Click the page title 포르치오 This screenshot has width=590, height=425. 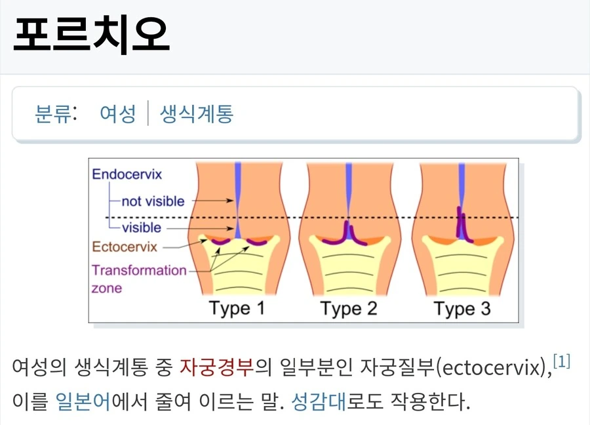(x=91, y=33)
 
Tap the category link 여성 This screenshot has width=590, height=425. (x=118, y=113)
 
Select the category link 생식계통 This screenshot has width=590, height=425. (x=197, y=113)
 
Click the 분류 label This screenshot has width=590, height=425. (x=53, y=113)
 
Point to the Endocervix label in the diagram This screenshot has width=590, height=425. (x=127, y=174)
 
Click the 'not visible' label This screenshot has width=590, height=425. (x=153, y=201)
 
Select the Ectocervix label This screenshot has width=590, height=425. (x=125, y=247)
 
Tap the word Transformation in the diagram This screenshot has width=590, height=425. (x=139, y=270)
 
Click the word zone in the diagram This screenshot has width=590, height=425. (x=107, y=289)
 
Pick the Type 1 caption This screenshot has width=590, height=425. (x=237, y=308)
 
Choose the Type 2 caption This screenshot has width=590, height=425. (x=349, y=308)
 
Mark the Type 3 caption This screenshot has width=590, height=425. (x=462, y=308)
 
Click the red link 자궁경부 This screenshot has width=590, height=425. (x=217, y=367)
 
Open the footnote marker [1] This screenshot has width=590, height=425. (x=562, y=361)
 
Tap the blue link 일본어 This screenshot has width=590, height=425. (x=83, y=401)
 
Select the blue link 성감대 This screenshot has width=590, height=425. (x=319, y=401)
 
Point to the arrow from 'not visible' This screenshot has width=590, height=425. (x=213, y=201)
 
